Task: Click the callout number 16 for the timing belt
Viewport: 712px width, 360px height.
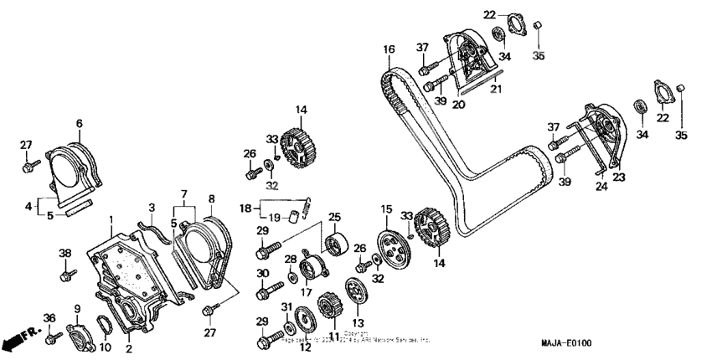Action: click(x=389, y=50)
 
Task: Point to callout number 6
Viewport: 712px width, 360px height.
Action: click(x=80, y=123)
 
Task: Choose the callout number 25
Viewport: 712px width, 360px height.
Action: click(x=335, y=217)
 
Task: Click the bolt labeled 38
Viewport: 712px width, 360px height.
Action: click(x=66, y=272)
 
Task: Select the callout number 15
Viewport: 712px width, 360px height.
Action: click(x=386, y=208)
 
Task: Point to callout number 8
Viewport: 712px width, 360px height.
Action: click(x=211, y=199)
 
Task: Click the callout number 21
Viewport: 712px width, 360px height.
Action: click(x=496, y=88)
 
